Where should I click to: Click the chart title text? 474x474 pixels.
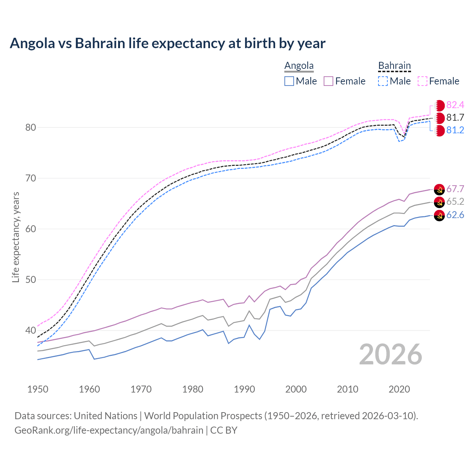167,43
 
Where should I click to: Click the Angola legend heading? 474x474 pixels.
299,66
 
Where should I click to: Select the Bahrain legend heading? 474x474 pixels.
394,66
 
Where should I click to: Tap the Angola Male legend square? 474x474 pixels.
289,81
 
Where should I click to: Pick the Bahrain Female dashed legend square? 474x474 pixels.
423,81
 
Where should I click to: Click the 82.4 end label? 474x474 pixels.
455,105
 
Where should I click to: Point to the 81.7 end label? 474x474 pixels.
455,118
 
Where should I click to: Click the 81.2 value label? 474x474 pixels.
455,130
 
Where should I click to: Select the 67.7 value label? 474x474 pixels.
455,189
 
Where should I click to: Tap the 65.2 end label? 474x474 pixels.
455,202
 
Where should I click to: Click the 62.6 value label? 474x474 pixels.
455,215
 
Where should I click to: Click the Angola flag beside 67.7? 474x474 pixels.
439,189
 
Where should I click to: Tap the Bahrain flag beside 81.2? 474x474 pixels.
439,131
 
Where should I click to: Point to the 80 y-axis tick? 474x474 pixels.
30,128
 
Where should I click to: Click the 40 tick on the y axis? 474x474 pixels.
30,330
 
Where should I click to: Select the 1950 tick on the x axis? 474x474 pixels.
38,389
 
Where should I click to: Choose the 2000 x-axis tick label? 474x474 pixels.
296,389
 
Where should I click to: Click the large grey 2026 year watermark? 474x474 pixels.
391,354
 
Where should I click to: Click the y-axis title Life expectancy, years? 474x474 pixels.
16,237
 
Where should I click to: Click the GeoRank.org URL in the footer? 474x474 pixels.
109,430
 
